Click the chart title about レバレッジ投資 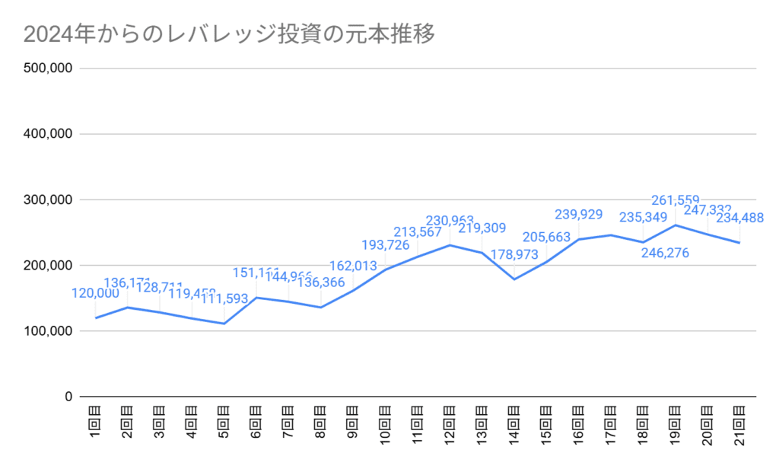point(229,34)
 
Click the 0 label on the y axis point(68,397)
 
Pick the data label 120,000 point(96,293)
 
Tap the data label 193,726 point(385,245)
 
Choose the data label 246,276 point(664,253)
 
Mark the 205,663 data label point(545,238)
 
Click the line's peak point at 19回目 point(676,225)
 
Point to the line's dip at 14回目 point(514,279)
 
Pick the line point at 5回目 point(224,324)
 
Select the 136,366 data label point(320,282)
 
